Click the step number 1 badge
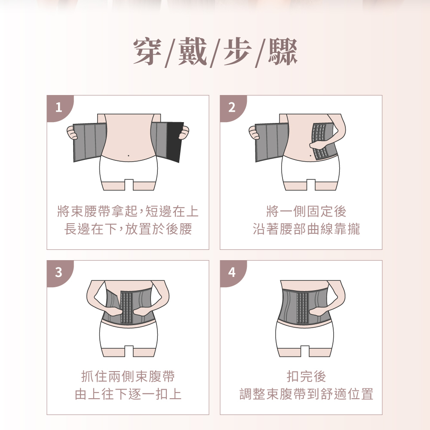(58, 107)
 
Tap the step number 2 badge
(231, 107)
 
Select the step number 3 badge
(58, 272)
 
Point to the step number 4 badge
(231, 272)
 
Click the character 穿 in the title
(147, 51)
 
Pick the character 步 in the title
(237, 51)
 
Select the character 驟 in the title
(283, 51)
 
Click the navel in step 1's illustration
(129, 156)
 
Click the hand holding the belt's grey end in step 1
(72, 133)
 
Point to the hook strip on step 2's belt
(319, 141)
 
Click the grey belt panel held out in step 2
(272, 142)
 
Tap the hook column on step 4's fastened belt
(302, 307)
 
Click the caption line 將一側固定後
(306, 212)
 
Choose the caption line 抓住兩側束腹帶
(128, 376)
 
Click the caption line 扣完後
(306, 376)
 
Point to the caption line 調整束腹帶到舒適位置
(306, 394)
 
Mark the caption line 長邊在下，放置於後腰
(128, 229)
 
